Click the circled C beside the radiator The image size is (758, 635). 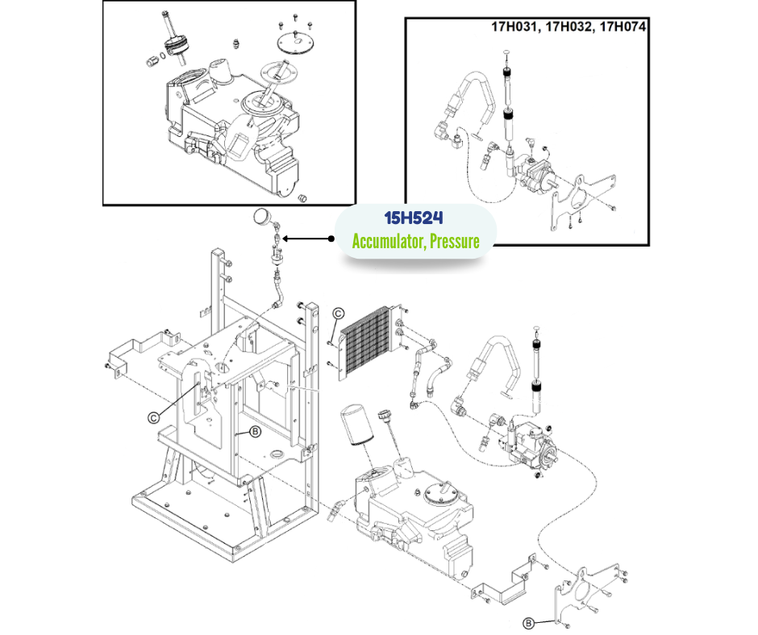coord(339,313)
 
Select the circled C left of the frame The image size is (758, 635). coord(153,417)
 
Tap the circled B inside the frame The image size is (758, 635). coord(255,432)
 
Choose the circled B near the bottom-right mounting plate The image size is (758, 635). coord(528,622)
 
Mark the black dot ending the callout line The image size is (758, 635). coord(331,239)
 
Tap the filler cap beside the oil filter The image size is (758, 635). coord(383,418)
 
